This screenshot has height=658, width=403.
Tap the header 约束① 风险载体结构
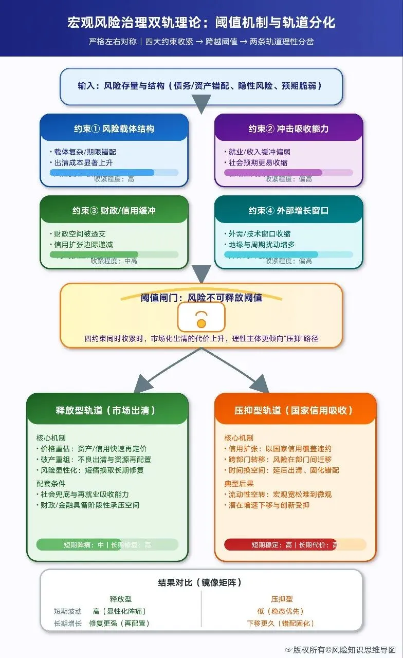(114, 129)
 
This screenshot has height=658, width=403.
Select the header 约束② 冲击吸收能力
(288, 129)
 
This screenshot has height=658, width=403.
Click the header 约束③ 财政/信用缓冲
(114, 210)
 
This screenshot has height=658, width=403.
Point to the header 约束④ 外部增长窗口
(288, 210)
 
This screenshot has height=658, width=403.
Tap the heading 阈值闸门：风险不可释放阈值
(201, 298)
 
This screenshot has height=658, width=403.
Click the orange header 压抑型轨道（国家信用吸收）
(294, 410)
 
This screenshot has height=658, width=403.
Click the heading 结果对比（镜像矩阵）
(200, 582)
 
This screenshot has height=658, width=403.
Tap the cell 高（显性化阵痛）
(120, 611)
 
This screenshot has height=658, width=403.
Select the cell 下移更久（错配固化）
(281, 623)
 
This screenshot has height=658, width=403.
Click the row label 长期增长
(67, 623)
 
